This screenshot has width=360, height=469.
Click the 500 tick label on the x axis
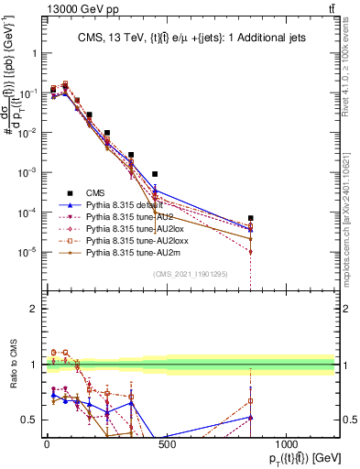[166, 444]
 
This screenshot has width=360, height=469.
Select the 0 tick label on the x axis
[47, 444]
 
